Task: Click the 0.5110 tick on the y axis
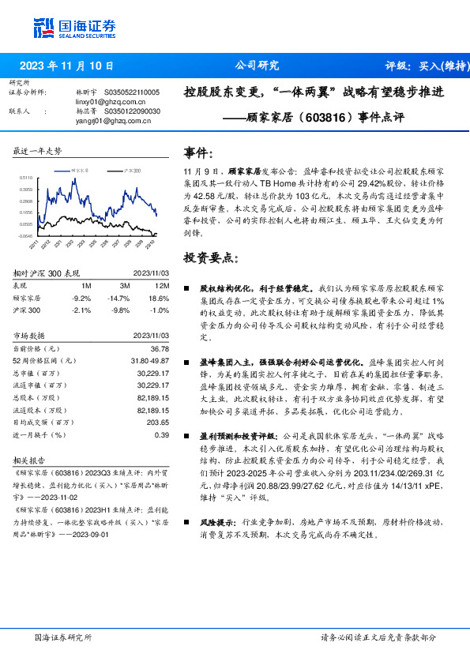25,178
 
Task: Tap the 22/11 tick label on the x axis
35,246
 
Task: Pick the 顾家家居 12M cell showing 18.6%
158,298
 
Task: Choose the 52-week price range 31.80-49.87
148,360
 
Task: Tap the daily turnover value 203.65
158,423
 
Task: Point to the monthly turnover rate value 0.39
162,434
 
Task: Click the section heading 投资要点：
212,258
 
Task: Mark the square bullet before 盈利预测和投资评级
186,435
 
